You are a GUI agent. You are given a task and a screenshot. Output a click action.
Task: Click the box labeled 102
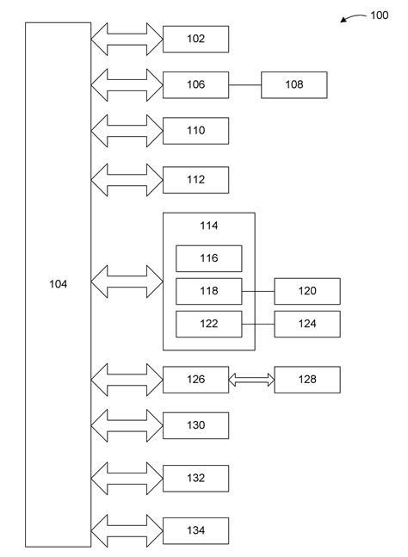point(195,38)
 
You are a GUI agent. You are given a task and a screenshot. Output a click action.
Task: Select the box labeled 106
point(195,84)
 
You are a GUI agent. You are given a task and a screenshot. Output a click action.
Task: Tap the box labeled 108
point(294,84)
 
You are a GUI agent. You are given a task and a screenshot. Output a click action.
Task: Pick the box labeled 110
point(195,131)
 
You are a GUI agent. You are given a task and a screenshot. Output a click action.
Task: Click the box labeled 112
point(195,179)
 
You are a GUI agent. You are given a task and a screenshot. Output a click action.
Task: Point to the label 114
point(208,226)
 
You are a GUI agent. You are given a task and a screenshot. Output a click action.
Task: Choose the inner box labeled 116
point(208,258)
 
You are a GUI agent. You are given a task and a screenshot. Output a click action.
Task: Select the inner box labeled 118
point(208,291)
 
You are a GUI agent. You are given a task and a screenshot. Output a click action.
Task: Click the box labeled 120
point(307,291)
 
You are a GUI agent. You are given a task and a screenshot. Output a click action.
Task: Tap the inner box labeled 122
point(208,324)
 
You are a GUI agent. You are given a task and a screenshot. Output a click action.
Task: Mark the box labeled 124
point(307,324)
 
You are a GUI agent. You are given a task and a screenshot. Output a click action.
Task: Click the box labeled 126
point(195,379)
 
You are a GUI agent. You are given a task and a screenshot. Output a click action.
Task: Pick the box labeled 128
point(307,379)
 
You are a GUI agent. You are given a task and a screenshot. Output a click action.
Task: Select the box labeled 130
point(195,425)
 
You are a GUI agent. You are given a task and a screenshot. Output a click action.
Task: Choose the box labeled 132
point(195,477)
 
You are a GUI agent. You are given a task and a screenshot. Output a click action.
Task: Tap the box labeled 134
point(195,529)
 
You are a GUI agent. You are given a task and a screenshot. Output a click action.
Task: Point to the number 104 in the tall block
point(58,283)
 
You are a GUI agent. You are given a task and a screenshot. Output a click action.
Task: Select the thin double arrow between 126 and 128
point(251,379)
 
